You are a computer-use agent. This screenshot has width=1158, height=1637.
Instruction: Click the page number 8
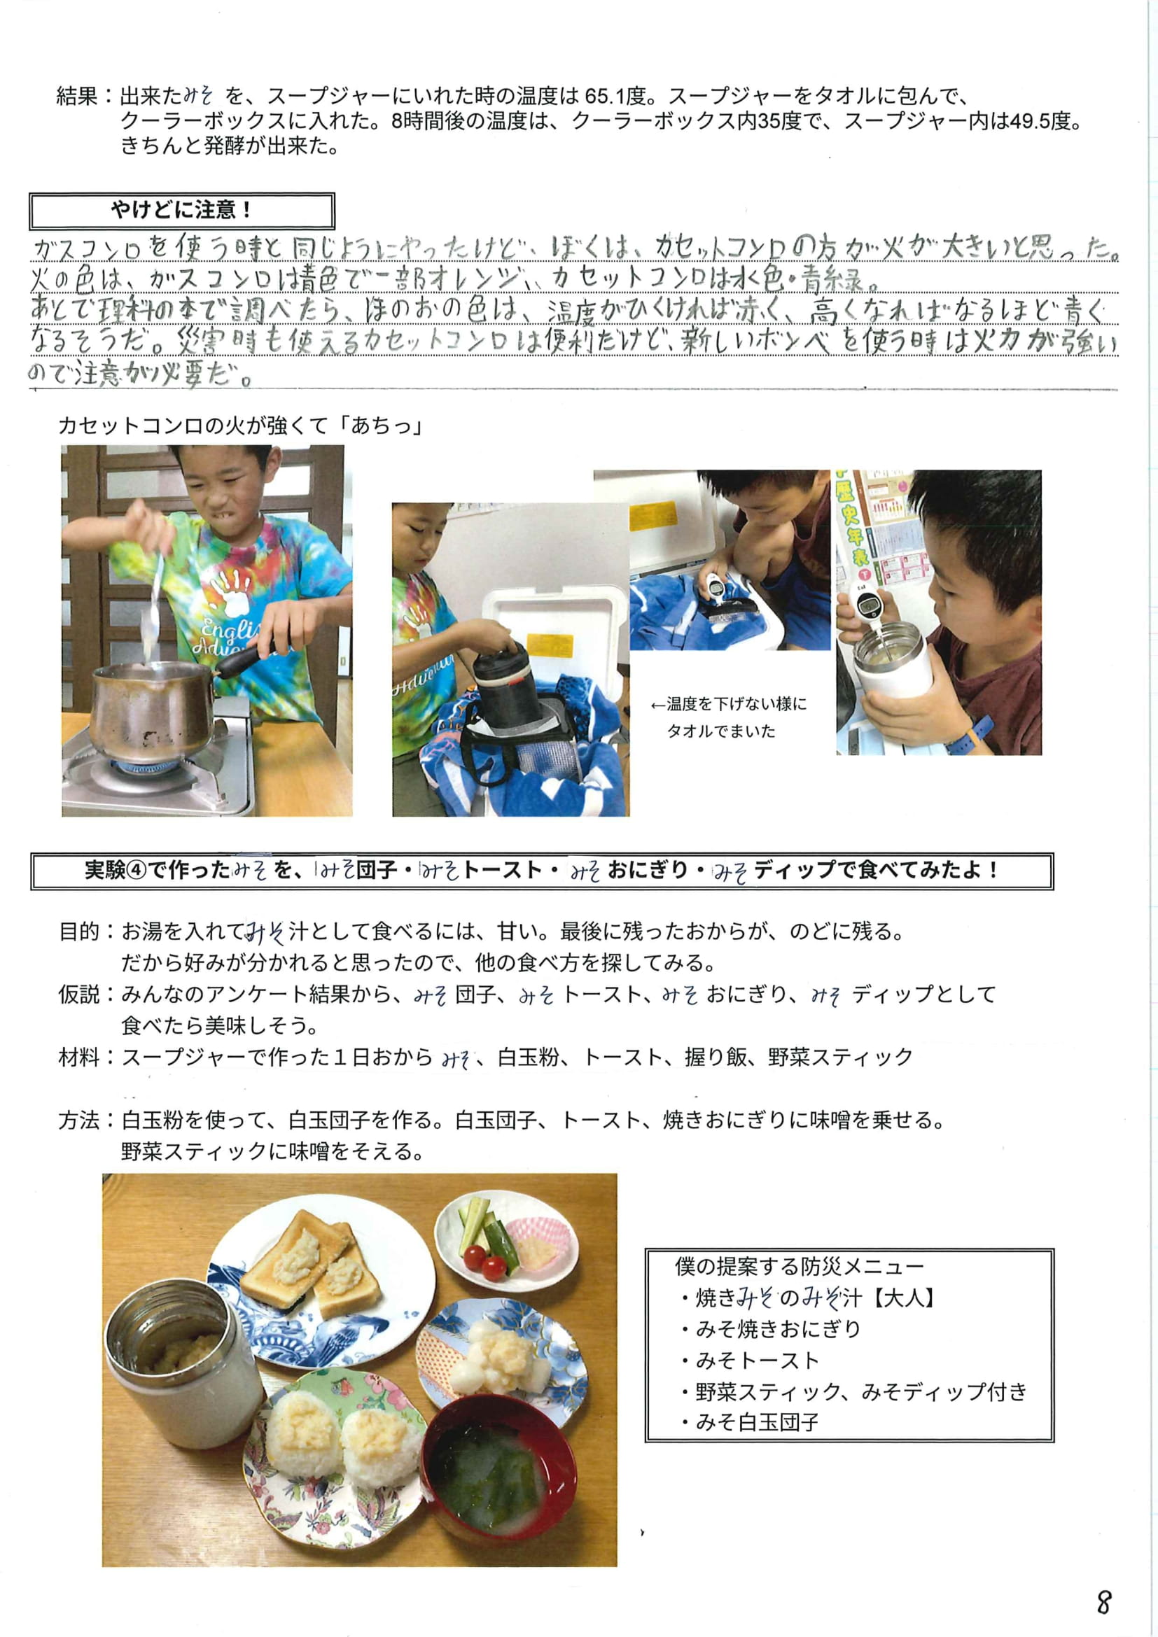tap(1103, 1602)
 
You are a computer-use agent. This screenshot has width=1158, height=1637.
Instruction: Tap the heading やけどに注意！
tap(181, 210)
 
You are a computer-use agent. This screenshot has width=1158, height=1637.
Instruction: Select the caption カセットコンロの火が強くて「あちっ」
tap(242, 426)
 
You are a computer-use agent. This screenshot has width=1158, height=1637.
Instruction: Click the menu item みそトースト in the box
tap(758, 1361)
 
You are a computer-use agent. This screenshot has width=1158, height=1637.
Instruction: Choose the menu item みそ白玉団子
tap(758, 1422)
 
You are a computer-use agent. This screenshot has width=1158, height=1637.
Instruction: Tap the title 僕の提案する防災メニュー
tap(800, 1266)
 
